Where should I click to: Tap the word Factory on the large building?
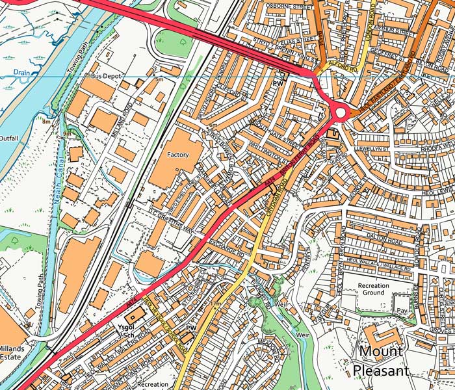tap(177, 155)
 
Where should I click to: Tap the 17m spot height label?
tap(216, 304)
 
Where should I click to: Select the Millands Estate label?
tap(12, 352)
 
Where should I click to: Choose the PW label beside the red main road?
tap(278, 84)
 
